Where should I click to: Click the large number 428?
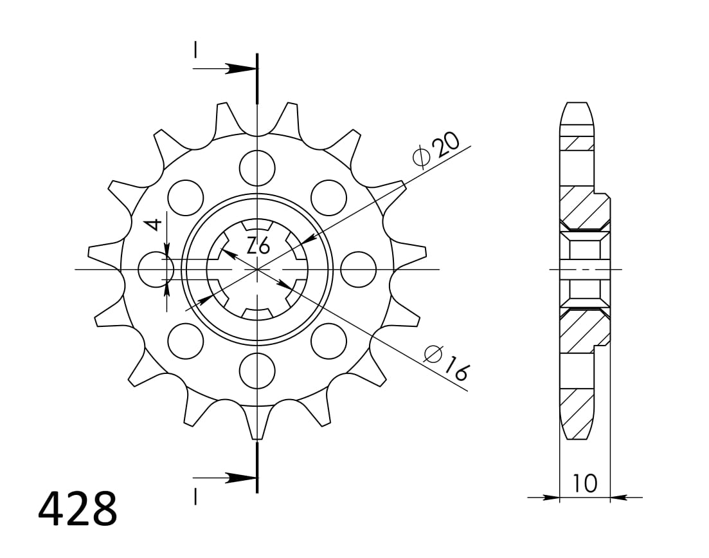tap(78, 509)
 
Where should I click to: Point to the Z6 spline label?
tap(258, 245)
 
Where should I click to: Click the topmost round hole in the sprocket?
tap(257, 167)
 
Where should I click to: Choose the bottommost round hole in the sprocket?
tap(257, 371)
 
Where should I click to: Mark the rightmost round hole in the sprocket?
tap(358, 269)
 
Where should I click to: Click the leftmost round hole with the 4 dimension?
tap(156, 269)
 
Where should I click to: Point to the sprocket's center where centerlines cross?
tap(257, 269)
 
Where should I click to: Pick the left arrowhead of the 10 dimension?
tap(552, 498)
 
